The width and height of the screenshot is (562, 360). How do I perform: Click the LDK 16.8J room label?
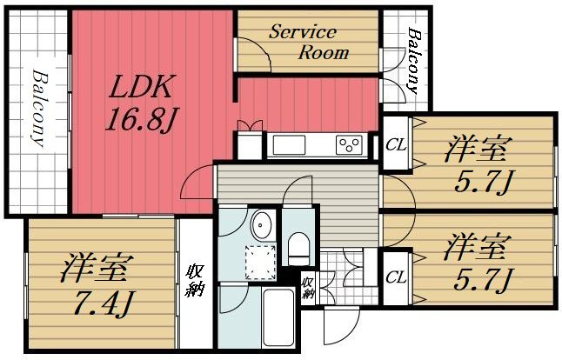point(141,102)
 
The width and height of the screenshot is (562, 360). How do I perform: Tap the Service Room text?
point(309,42)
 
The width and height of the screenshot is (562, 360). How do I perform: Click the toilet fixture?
point(298,248)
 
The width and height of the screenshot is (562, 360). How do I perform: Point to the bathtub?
point(278,317)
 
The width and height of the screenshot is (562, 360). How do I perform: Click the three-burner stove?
point(350,144)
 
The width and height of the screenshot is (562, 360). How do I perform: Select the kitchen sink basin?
point(289,145)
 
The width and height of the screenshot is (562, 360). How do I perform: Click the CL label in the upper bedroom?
point(397,145)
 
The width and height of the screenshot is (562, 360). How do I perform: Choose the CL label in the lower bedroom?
point(397,277)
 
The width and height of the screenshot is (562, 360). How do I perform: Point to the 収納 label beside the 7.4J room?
point(195,280)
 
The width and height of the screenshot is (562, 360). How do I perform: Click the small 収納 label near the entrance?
point(307,288)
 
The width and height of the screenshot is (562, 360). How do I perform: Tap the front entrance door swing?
point(341,325)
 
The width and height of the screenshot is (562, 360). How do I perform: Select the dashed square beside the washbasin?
point(260,263)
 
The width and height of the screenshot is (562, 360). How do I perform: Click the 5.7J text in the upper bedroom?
point(482,183)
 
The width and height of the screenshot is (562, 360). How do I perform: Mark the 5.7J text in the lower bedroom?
point(482,280)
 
